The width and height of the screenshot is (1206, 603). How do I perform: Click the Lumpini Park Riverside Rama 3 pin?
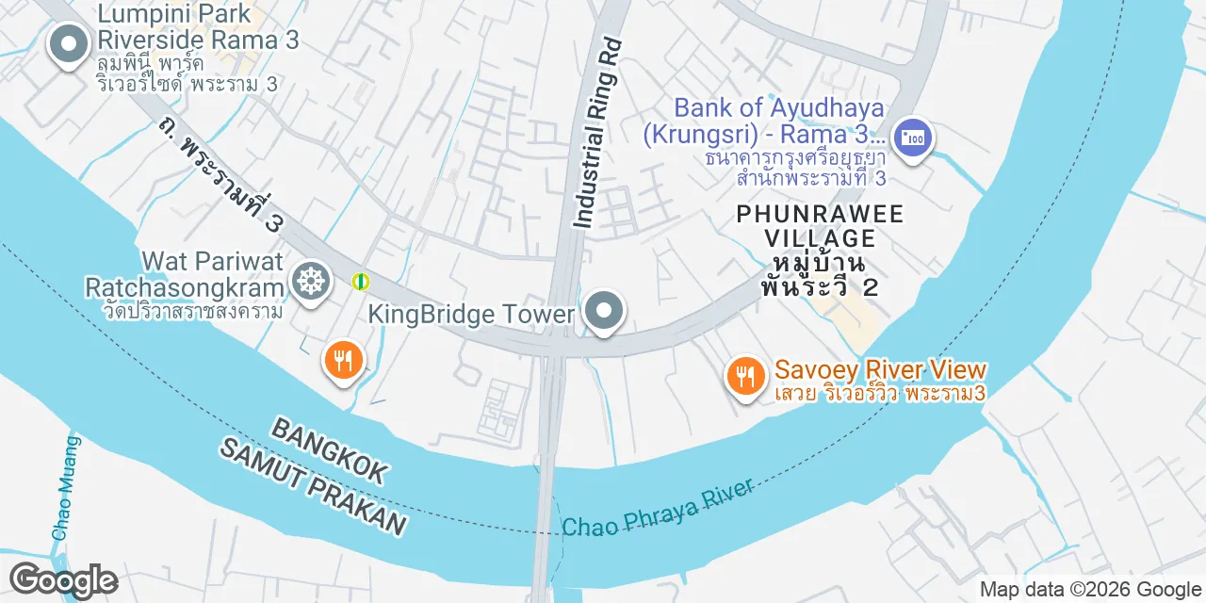pyautogui.click(x=68, y=44)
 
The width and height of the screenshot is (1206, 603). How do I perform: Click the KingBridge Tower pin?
pyautogui.click(x=603, y=310)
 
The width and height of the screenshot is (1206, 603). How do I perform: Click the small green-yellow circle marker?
pyautogui.click(x=360, y=281)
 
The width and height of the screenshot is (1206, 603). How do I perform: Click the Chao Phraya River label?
pyautogui.click(x=658, y=508)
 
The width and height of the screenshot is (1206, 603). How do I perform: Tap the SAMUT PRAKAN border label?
pyautogui.click(x=314, y=487)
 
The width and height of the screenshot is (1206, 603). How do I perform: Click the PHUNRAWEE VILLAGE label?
pyautogui.click(x=820, y=225)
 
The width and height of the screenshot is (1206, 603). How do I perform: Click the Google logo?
pyautogui.click(x=63, y=580)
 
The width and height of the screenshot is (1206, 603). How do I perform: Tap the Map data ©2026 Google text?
pyautogui.click(x=1089, y=590)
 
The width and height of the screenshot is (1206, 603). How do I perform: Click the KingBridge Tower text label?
pyautogui.click(x=471, y=314)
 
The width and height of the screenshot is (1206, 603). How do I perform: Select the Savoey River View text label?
pyautogui.click(x=880, y=370)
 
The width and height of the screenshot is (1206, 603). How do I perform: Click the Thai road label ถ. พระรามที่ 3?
pyautogui.click(x=221, y=173)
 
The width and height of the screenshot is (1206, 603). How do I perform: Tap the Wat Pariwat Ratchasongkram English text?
pyautogui.click(x=184, y=273)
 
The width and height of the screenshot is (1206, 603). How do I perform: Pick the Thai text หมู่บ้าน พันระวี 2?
pyautogui.click(x=820, y=273)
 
